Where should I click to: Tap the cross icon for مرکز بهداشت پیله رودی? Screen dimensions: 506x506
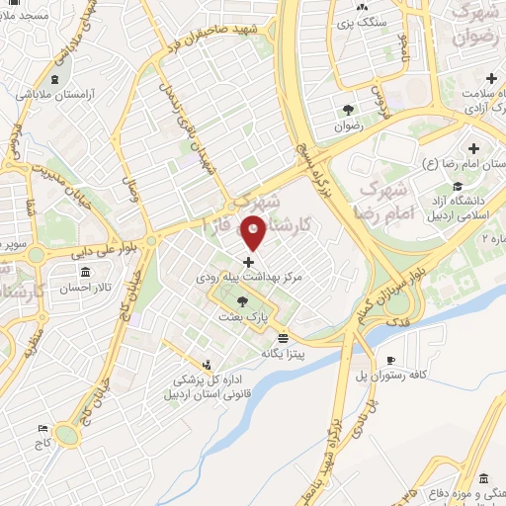[247, 263]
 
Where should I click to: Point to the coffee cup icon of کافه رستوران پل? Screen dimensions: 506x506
[390, 360]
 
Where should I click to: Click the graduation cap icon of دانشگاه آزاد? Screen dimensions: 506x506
[457, 187]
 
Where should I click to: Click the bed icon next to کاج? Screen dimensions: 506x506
[42, 428]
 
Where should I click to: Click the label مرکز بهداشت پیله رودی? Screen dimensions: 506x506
[247, 281]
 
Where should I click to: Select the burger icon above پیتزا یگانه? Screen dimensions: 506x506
[284, 337]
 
